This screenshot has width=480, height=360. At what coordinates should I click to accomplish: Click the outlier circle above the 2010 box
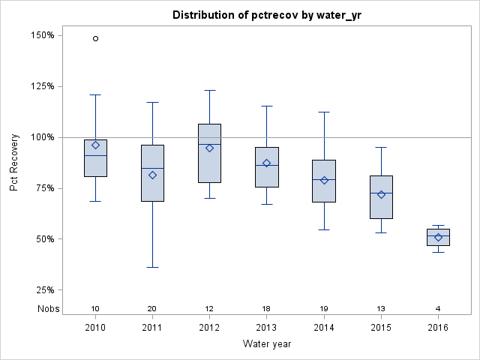point(95,38)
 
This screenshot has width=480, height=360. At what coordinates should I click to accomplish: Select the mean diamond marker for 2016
point(439,238)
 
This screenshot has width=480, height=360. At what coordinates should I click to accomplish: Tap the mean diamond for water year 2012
point(210,148)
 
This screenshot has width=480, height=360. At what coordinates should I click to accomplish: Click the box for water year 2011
point(153,173)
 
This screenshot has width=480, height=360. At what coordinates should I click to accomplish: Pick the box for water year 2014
point(324,181)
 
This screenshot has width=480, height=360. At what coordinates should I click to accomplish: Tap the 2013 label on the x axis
point(267,328)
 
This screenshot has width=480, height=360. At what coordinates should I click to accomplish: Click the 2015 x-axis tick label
point(381,328)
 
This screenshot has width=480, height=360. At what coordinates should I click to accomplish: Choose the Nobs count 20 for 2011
point(153,308)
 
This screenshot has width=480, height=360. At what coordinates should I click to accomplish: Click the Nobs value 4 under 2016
point(439,308)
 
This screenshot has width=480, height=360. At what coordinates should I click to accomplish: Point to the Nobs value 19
point(324,308)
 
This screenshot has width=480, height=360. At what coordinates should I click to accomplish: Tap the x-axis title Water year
point(267,343)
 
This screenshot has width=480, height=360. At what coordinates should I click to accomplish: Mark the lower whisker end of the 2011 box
point(153,267)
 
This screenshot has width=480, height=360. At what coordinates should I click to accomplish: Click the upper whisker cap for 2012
point(210,90)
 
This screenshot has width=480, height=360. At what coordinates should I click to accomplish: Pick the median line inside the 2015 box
point(381,193)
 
